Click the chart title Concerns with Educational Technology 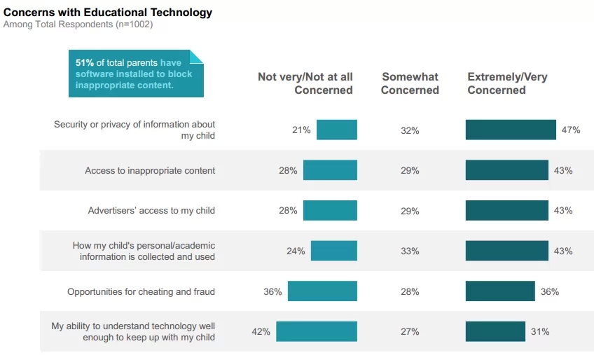(108, 13)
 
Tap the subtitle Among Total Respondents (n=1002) (78, 25)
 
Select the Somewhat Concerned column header (410, 83)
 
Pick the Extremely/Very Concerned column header (507, 83)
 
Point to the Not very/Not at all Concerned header (305, 83)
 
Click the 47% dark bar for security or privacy (511, 130)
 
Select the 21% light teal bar (337, 130)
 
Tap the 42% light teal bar (317, 331)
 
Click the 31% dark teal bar (495, 331)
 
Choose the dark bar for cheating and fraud (500, 291)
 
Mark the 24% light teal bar (334, 251)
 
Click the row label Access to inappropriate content (150, 170)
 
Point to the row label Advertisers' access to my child (151, 210)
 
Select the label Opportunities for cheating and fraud (141, 291)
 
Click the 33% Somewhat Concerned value (410, 251)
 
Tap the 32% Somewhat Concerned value (410, 130)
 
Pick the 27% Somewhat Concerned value (410, 332)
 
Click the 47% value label (570, 130)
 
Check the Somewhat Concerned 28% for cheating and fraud (410, 291)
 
